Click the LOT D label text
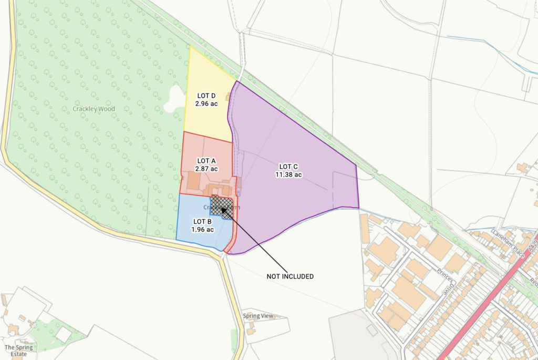[206, 96]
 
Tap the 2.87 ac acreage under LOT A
[206, 169]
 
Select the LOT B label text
[202, 221]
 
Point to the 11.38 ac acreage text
[288, 174]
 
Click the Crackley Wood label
[94, 109]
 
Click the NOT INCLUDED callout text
[290, 276]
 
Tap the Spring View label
[258, 316]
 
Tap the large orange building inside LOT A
[193, 181]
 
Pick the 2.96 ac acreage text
[206, 104]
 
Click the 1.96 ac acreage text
[202, 229]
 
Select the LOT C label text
[288, 167]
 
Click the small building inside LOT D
[228, 96]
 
